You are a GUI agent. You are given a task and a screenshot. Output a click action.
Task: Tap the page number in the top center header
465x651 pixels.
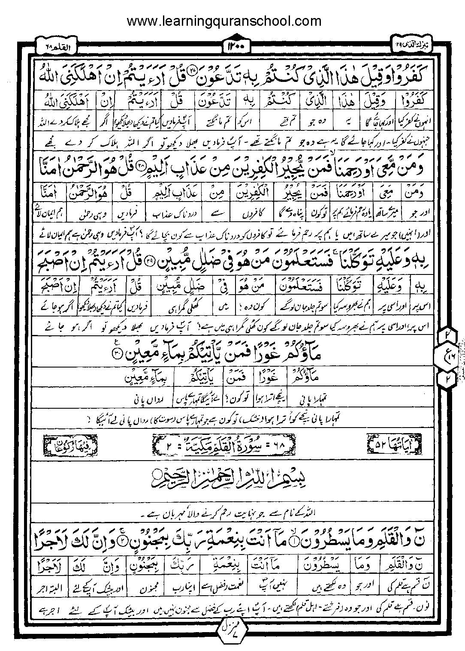click(x=233, y=45)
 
